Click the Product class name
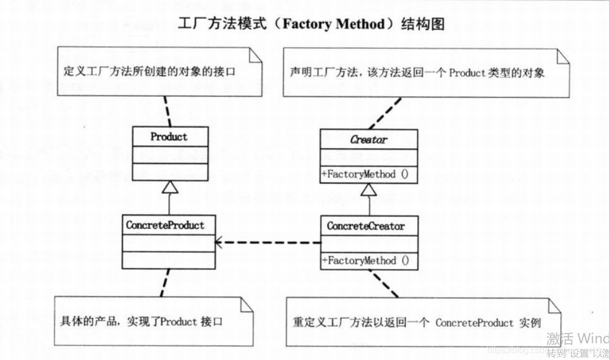[169, 137]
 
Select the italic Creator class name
[369, 140]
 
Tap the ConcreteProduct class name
[165, 225]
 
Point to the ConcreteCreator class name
[366, 226]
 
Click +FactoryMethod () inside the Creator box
[365, 175]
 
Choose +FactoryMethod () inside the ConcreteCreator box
[365, 261]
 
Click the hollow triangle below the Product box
[169, 187]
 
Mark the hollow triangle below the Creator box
[369, 189]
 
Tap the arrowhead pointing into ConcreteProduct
[219, 242]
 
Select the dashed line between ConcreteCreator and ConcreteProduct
[269, 242]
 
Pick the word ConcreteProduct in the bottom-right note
[474, 322]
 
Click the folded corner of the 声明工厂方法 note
[563, 56]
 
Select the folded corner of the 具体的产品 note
[247, 304]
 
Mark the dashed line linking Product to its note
[161, 112]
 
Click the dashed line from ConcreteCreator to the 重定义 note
[384, 283]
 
